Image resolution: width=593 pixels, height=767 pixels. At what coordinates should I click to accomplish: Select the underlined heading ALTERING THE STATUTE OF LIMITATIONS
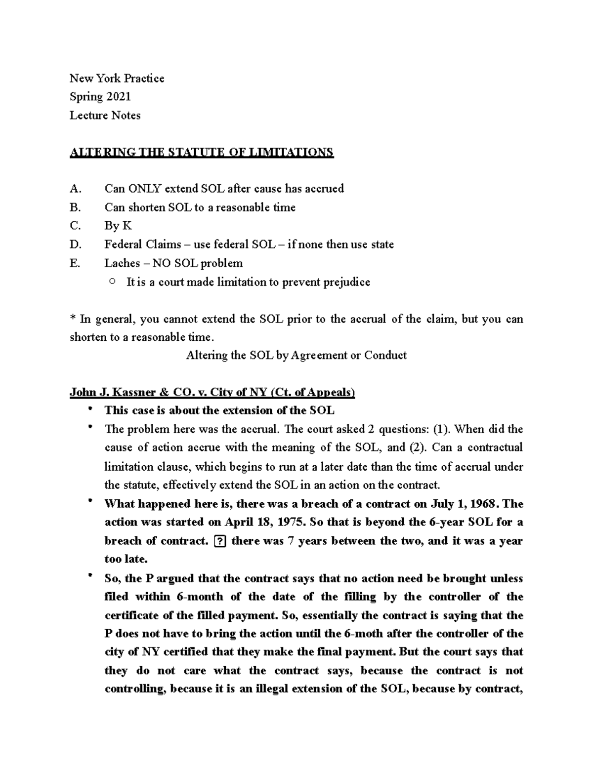tap(202, 152)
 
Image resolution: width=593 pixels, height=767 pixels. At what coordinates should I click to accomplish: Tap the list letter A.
tap(75, 189)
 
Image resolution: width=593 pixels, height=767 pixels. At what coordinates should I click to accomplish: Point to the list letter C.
tap(75, 226)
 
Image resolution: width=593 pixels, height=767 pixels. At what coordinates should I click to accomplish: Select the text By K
tap(118, 226)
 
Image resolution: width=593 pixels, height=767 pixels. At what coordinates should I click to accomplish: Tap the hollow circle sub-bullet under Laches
tap(112, 282)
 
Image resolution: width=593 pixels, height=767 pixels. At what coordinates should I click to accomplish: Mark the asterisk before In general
tap(72, 318)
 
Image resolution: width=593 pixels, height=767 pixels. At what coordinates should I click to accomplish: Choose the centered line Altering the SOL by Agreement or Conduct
tap(296, 355)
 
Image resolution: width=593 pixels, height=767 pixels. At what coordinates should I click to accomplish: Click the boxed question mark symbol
tap(220, 541)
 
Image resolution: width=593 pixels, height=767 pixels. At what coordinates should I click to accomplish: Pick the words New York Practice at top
tap(117, 79)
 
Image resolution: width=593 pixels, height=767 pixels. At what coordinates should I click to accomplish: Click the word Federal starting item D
tap(123, 245)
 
